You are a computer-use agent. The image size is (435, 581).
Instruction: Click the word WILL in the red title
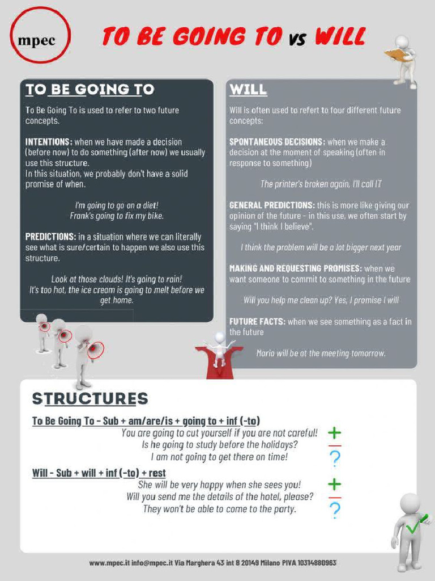click(339, 37)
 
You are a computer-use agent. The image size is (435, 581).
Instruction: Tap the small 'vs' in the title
click(297, 39)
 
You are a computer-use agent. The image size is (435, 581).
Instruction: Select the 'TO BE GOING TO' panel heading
click(89, 90)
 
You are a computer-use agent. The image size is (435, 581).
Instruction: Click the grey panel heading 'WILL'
click(248, 90)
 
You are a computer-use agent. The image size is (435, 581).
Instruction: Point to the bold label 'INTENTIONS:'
click(49, 142)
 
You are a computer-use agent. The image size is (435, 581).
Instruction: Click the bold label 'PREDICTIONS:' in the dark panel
click(50, 237)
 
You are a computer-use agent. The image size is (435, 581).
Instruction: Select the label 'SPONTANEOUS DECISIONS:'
click(277, 142)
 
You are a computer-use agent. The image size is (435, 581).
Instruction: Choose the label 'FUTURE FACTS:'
click(257, 322)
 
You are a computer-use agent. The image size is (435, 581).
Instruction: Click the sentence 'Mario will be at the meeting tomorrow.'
click(321, 353)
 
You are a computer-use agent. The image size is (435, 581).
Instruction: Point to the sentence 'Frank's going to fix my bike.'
click(117, 216)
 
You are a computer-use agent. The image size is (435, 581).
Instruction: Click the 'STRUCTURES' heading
click(90, 398)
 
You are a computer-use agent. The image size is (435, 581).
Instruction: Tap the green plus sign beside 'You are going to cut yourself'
click(335, 433)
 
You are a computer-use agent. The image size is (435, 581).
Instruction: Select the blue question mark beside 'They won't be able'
click(335, 510)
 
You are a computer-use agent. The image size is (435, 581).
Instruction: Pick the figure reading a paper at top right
click(403, 60)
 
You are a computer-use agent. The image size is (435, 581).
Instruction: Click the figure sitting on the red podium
click(219, 349)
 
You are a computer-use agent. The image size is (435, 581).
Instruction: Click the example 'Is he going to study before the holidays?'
click(220, 444)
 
